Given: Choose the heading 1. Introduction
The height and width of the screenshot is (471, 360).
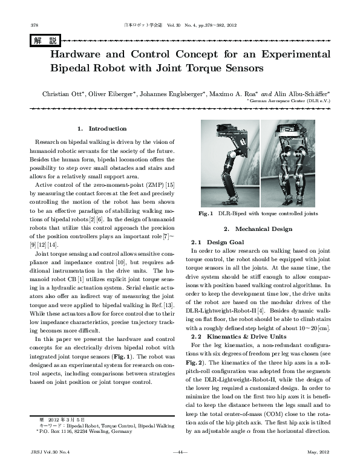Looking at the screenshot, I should (102, 128).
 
